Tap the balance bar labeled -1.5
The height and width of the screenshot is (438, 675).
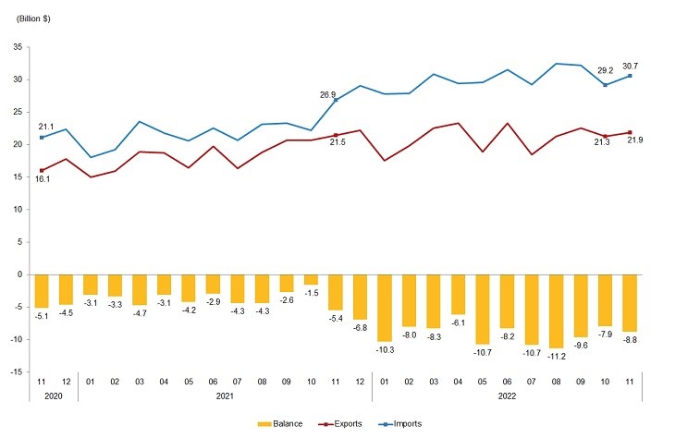click(x=311, y=279)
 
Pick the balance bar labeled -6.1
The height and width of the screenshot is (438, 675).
click(x=458, y=294)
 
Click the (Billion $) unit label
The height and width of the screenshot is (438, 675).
click(x=30, y=18)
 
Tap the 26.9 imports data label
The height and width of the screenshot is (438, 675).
click(x=328, y=94)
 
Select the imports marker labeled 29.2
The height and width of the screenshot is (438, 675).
click(x=605, y=85)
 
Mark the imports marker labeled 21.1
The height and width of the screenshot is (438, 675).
click(x=41, y=138)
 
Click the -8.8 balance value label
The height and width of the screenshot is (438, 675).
click(x=630, y=341)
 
